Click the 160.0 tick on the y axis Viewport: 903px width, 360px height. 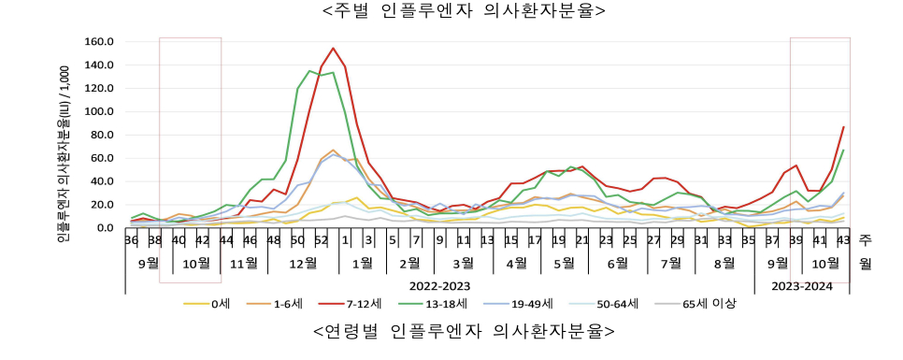(x=98, y=42)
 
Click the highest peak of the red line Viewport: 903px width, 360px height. (x=333, y=49)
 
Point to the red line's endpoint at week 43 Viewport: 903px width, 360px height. (x=843, y=127)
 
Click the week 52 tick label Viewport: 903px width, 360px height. (x=321, y=240)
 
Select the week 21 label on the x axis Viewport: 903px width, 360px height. (x=581, y=240)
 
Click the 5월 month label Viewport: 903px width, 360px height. (x=564, y=264)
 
